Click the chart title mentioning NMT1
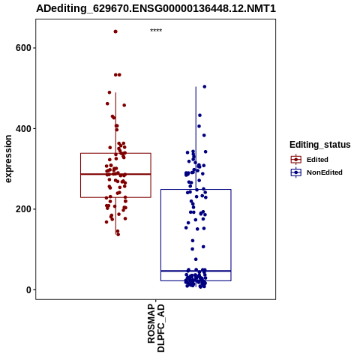pyautogui.click(x=156, y=8)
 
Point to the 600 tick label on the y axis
pyautogui.click(x=23, y=48)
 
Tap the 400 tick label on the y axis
pyautogui.click(x=23, y=129)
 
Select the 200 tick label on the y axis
pyautogui.click(x=23, y=209)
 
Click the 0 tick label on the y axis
pyautogui.click(x=28, y=290)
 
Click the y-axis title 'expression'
pyautogui.click(x=8, y=159)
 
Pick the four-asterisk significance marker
pyautogui.click(x=156, y=31)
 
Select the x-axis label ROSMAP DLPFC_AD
pyautogui.click(x=156, y=328)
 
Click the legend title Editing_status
pyautogui.click(x=320, y=145)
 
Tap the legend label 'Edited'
pyautogui.click(x=317, y=160)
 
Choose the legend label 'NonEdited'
pyautogui.click(x=325, y=172)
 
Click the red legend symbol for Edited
pyautogui.click(x=296, y=160)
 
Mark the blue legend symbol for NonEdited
pyautogui.click(x=296, y=172)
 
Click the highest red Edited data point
pyautogui.click(x=115, y=31)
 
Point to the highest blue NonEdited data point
pyautogui.click(x=205, y=87)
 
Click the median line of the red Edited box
pyautogui.click(x=115, y=174)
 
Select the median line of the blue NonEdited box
pyautogui.click(x=196, y=271)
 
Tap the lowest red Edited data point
pyautogui.click(x=118, y=235)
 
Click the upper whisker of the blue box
pyautogui.click(x=196, y=138)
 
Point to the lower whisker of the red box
pyautogui.click(x=115, y=216)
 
